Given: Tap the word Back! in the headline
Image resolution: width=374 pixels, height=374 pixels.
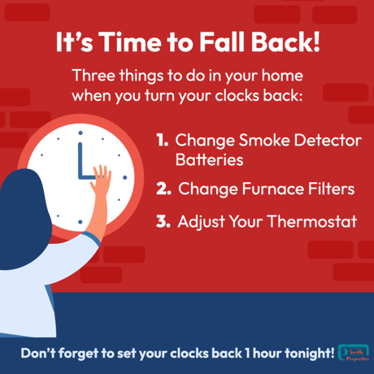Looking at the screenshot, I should coord(286,42).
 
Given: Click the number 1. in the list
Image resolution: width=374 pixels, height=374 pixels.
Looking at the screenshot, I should coord(163,141).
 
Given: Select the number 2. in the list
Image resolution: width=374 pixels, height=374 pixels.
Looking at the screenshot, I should coord(163,189).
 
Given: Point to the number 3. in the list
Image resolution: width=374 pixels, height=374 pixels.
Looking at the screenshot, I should coord(163,221).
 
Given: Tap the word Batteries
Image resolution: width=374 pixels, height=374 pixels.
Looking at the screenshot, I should coord(209,160).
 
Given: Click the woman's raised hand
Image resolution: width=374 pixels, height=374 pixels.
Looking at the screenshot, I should coord(101,175).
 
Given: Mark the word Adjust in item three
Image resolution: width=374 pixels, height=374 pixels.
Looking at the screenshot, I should coord(200,221).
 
